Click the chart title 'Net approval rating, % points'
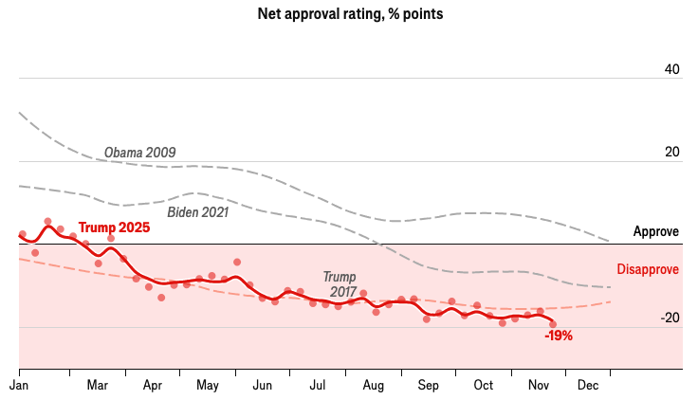(x=349, y=15)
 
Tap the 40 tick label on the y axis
(x=671, y=69)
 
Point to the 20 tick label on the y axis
(x=671, y=152)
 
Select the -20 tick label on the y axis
(x=669, y=318)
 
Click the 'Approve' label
(x=656, y=232)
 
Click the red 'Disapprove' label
(x=649, y=269)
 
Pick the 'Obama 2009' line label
(x=139, y=153)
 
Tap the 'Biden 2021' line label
(x=198, y=212)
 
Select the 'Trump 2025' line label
(x=114, y=227)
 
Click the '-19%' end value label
(x=559, y=336)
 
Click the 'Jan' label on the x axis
(x=19, y=386)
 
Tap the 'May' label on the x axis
(x=208, y=386)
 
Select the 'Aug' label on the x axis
(x=373, y=386)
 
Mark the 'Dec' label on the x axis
(x=588, y=386)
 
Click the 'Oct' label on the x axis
(x=484, y=386)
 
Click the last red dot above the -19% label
(x=553, y=324)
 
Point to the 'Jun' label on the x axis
(x=263, y=386)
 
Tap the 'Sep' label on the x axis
(x=428, y=386)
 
